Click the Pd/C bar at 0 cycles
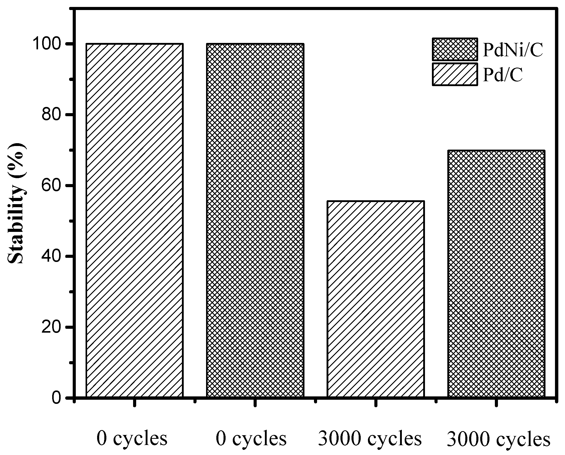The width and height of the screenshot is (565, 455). click(134, 221)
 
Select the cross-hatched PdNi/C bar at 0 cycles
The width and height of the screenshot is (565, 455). click(255, 221)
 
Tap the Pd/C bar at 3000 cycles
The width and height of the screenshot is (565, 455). click(376, 299)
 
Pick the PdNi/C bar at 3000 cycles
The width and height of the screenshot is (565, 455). click(496, 274)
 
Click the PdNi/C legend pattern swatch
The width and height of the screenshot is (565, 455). click(455, 49)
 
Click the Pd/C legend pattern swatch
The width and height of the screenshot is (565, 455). click(455, 74)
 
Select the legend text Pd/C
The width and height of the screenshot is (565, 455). click(503, 75)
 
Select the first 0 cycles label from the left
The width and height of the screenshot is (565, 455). click(132, 438)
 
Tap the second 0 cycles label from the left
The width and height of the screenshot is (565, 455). click(251, 438)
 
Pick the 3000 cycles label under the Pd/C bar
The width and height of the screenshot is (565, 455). click(370, 438)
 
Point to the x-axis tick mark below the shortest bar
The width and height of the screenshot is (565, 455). click(376, 402)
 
